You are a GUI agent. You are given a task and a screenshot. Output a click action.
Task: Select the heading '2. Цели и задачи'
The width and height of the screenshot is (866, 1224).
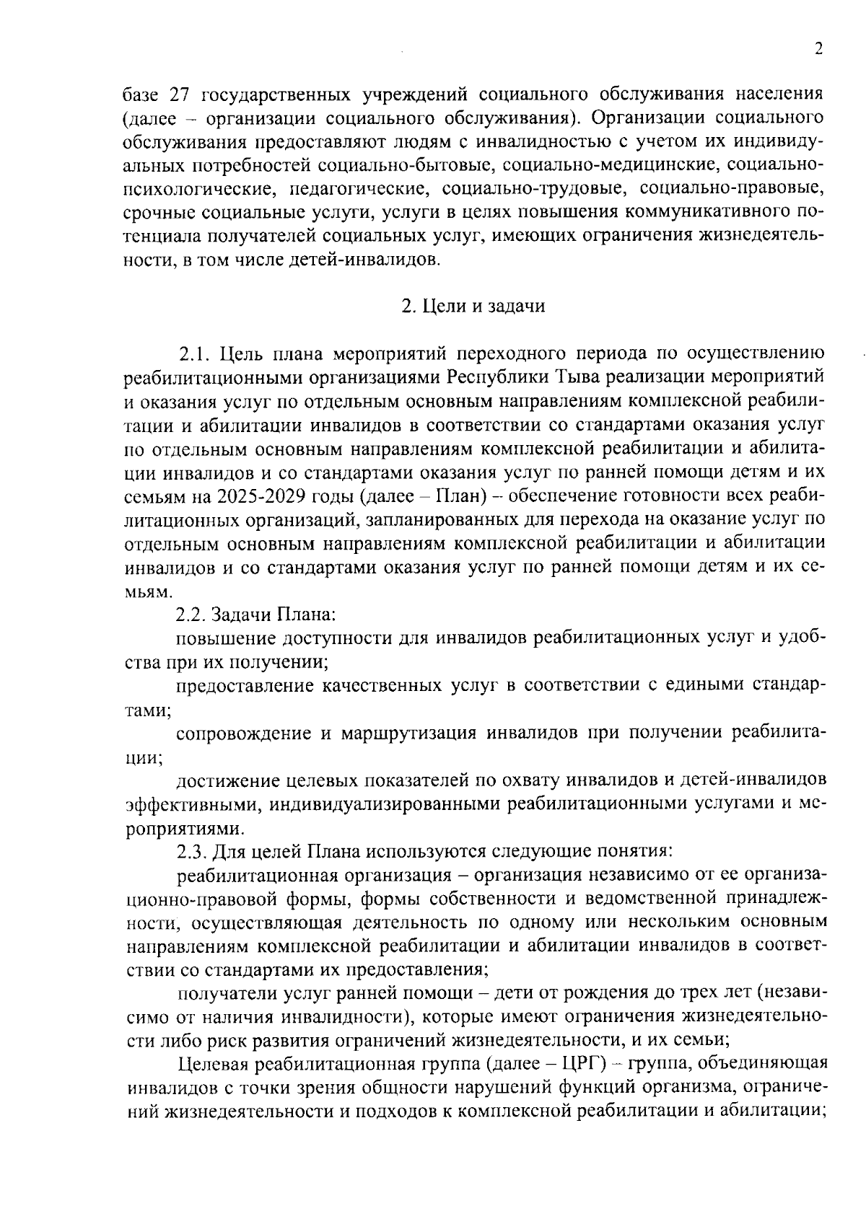coord(473,306)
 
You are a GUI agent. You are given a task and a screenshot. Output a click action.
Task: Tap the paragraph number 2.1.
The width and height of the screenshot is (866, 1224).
coord(194,353)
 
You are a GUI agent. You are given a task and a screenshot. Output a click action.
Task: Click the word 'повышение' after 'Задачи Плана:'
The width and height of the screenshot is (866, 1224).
coord(224,638)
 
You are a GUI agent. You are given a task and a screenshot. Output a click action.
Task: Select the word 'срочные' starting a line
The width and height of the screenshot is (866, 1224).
coord(151,213)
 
